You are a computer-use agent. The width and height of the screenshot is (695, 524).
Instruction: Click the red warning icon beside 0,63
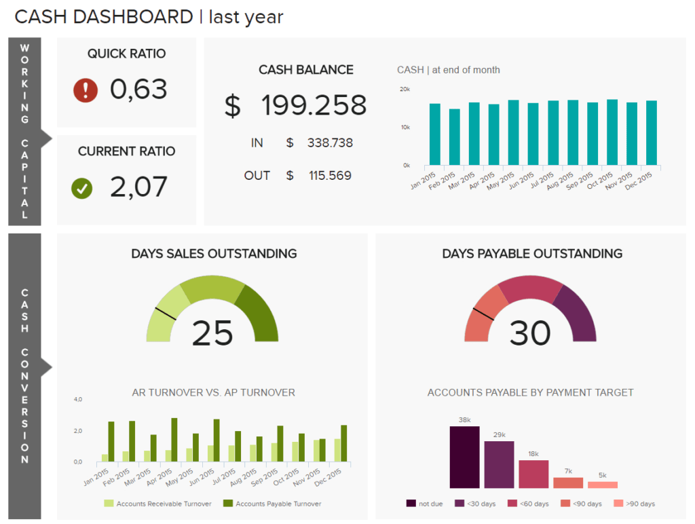pos(86,90)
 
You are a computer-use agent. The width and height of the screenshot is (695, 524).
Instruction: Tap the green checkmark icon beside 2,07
pos(82,189)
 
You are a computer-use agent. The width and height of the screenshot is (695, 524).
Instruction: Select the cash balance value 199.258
pos(314,106)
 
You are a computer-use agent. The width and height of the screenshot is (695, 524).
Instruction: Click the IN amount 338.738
pos(330,143)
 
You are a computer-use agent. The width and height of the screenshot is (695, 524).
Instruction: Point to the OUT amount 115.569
pos(330,176)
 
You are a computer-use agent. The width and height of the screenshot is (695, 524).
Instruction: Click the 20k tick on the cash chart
pos(405,90)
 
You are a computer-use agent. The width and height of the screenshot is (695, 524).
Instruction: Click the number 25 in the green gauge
pos(212,333)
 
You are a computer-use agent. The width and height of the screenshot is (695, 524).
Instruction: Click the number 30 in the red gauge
pos(530,333)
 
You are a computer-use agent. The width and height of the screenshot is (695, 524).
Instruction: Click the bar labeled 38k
pos(465,457)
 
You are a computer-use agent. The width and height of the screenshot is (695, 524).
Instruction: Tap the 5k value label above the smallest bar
pos(602,475)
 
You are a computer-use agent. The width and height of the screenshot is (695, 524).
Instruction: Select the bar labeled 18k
pos(533,474)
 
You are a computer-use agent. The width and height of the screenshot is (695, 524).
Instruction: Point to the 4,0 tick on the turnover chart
pos(78,400)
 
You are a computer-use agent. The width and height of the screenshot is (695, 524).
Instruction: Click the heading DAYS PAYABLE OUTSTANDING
pos(532,254)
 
